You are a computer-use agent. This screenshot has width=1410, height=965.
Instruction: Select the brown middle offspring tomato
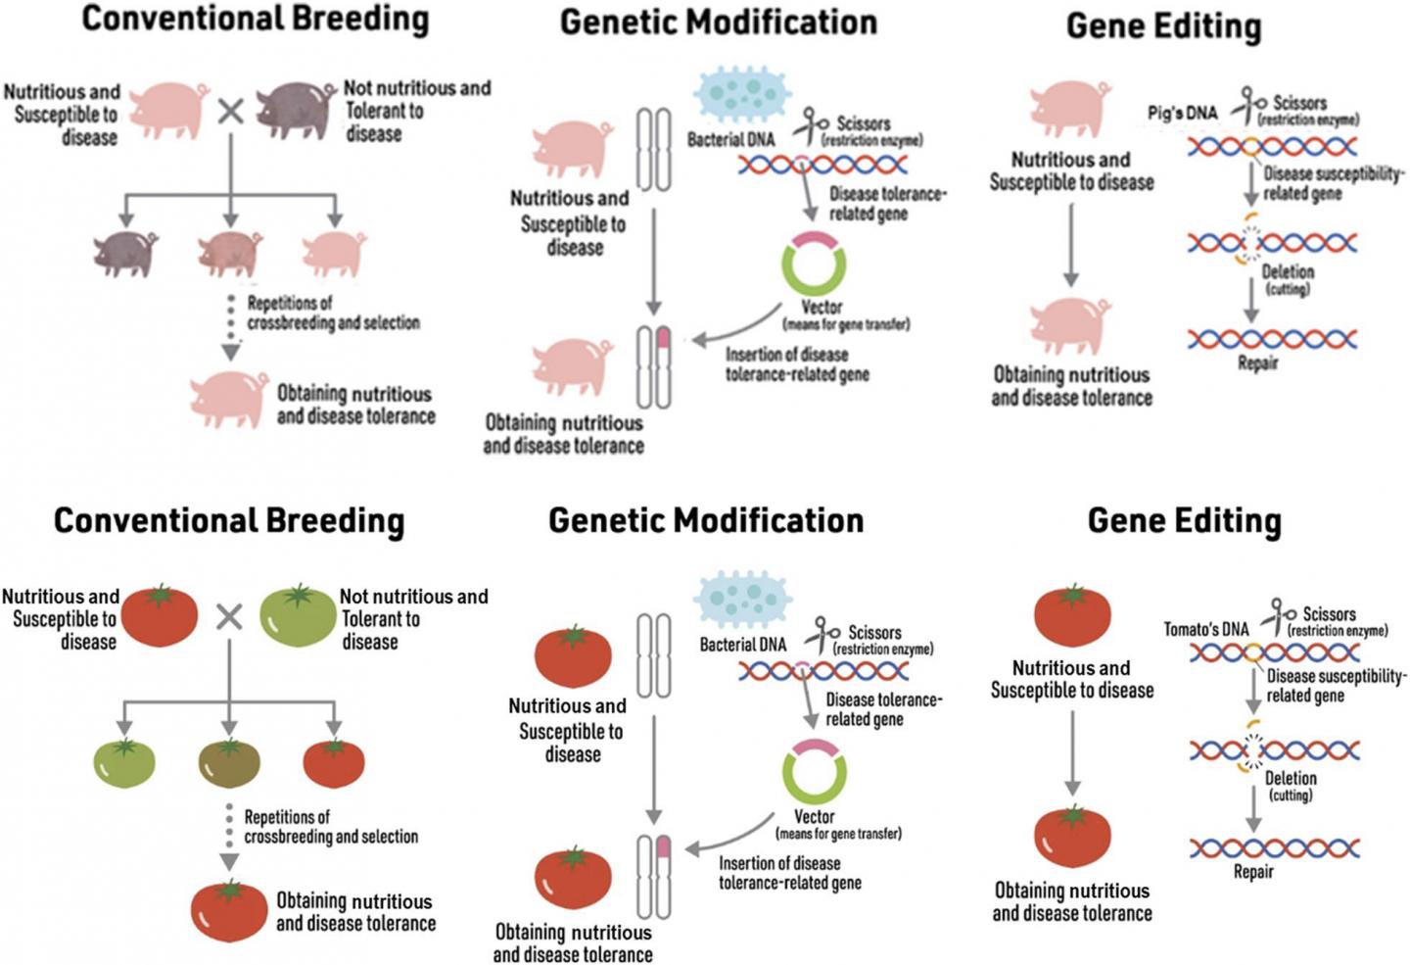(x=229, y=763)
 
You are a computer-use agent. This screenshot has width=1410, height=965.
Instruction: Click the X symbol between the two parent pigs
(x=230, y=111)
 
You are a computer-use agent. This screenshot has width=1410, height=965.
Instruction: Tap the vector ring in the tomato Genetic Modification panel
(x=815, y=770)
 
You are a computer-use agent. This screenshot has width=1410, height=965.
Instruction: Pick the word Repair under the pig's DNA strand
(x=1257, y=363)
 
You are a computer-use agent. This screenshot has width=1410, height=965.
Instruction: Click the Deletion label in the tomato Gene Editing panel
(x=1291, y=778)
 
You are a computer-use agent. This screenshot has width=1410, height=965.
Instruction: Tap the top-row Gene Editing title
(x=1163, y=25)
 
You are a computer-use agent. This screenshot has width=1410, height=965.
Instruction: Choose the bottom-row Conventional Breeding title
(x=229, y=520)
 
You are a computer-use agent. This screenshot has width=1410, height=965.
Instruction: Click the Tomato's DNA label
(x=1206, y=629)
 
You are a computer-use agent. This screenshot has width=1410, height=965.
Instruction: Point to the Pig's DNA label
(x=1183, y=114)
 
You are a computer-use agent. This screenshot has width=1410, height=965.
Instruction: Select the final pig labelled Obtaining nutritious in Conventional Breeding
(x=229, y=399)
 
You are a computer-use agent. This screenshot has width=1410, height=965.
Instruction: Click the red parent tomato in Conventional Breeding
(x=160, y=615)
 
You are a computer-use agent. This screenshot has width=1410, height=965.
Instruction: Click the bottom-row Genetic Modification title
(x=706, y=520)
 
